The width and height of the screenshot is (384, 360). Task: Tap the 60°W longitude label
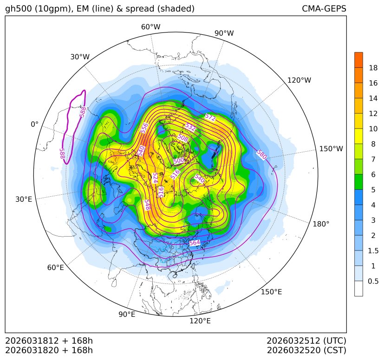tap(150, 27)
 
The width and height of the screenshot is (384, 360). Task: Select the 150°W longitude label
tap(331, 149)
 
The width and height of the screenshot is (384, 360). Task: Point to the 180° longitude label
tap(321, 224)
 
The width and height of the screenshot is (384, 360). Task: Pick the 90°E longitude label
tap(127, 314)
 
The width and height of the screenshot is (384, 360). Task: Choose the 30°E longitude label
tap(24, 199)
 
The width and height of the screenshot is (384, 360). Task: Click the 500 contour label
tap(179, 161)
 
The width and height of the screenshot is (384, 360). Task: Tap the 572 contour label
tap(210, 118)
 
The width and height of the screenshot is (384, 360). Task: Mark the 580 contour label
tap(261, 154)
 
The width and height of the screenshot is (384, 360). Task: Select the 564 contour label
tap(195, 243)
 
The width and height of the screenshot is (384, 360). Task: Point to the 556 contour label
tap(144, 128)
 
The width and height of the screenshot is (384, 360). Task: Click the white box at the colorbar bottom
tap(358, 289)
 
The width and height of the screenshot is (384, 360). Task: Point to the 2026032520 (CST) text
tap(306, 350)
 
